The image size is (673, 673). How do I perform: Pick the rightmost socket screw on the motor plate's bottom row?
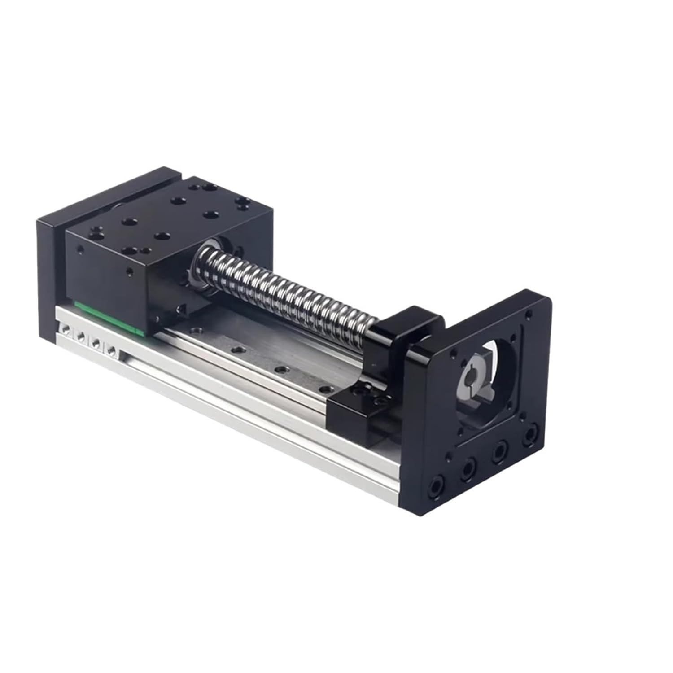coord(532,434)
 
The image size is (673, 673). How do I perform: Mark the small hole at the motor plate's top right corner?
coord(530,313)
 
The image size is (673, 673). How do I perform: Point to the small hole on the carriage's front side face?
coord(130,271)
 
